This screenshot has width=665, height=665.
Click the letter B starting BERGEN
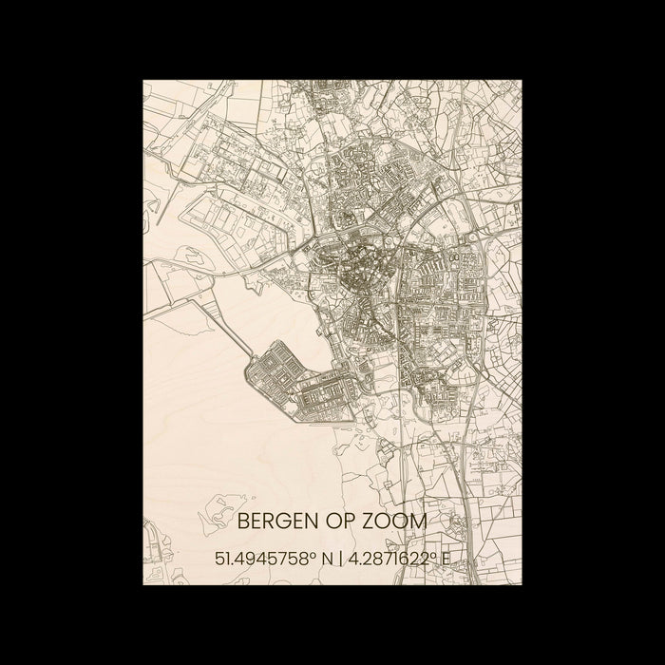point(242,522)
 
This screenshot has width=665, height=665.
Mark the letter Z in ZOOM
point(371,522)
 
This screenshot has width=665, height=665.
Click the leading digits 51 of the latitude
point(224,560)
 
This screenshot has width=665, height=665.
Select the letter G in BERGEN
point(283,522)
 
